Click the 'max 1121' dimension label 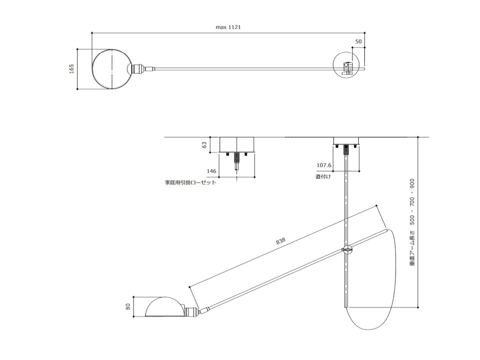[x=228, y=27]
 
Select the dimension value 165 [x=72, y=68]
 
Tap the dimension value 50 [x=358, y=42]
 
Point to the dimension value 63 [x=204, y=144]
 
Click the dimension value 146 [x=211, y=171]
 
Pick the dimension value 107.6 [x=324, y=165]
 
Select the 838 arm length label [x=281, y=240]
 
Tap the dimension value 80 [x=128, y=306]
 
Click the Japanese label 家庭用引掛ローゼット [x=190, y=183]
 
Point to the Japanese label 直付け [x=323, y=177]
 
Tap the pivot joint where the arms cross [x=347, y=250]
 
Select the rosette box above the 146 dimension [x=237, y=145]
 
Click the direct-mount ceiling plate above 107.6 [x=346, y=141]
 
